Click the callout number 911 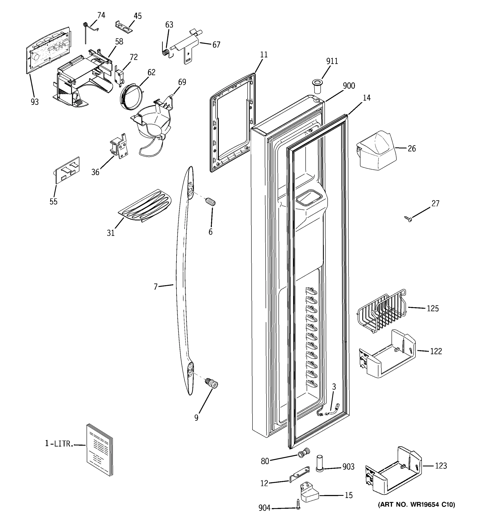click(x=332, y=61)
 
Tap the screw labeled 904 click(x=298, y=504)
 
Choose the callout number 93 click(x=34, y=102)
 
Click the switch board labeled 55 click(x=67, y=170)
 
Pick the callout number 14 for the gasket click(x=367, y=98)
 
